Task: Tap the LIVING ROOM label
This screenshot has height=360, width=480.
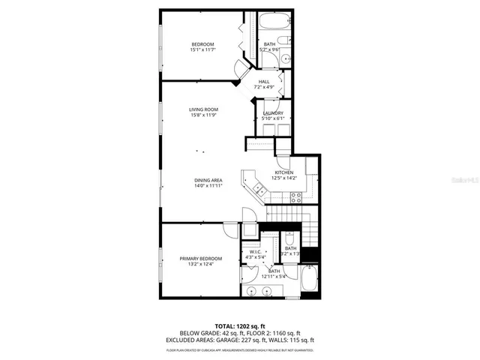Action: [x=202, y=109]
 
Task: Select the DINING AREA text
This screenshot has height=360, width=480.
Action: [x=208, y=180]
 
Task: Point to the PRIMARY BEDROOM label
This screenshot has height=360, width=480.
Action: [x=201, y=259]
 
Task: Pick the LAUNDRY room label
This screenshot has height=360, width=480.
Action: [x=273, y=113]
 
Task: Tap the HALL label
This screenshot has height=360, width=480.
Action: [x=264, y=82]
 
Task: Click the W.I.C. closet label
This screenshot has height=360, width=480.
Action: [x=255, y=251]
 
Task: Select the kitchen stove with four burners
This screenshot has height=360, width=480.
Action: [x=296, y=198]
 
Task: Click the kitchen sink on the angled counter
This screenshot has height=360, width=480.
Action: [x=259, y=188]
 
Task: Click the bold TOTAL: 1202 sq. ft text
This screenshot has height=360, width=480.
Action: [x=240, y=326]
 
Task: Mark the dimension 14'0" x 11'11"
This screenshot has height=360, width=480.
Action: [x=208, y=186]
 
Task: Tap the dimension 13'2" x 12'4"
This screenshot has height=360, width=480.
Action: [x=201, y=265]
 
